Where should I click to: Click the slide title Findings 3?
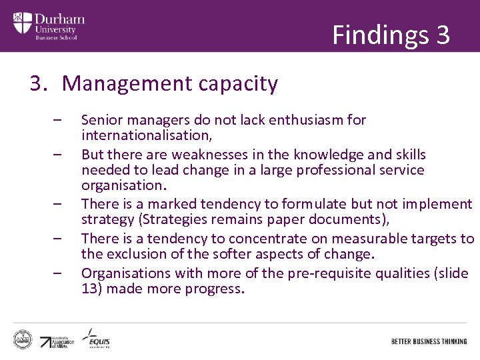(391, 34)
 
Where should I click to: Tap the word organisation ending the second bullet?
(122, 185)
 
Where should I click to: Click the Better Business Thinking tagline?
(429, 341)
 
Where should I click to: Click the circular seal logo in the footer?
(23, 339)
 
